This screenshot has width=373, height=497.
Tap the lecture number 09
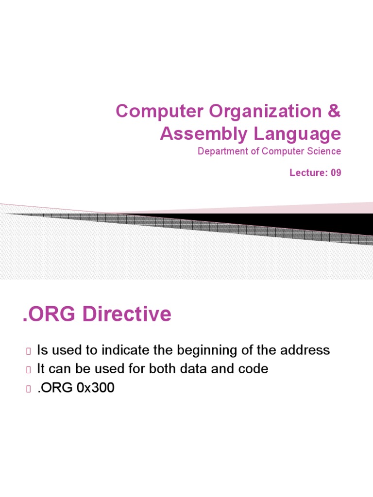tap(336, 173)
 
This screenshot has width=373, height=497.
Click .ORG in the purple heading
tap(49, 315)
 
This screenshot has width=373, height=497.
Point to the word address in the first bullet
tap(304, 349)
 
